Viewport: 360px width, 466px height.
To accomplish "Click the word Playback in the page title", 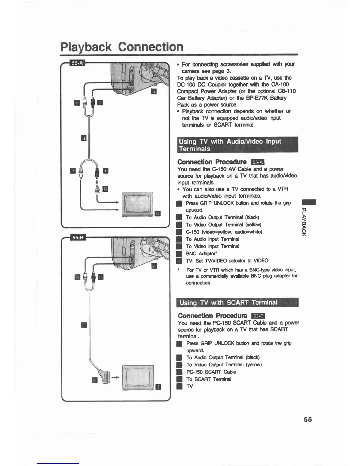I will tap(86, 47).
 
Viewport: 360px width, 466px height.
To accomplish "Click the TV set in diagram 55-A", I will tap(138, 205).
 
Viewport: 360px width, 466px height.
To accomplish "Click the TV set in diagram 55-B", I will tap(138, 378).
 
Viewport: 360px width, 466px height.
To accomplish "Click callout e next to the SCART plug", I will tap(94, 380).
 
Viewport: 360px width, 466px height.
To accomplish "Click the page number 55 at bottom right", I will tap(308, 420).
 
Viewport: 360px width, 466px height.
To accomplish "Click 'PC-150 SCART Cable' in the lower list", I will tap(211, 372).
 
